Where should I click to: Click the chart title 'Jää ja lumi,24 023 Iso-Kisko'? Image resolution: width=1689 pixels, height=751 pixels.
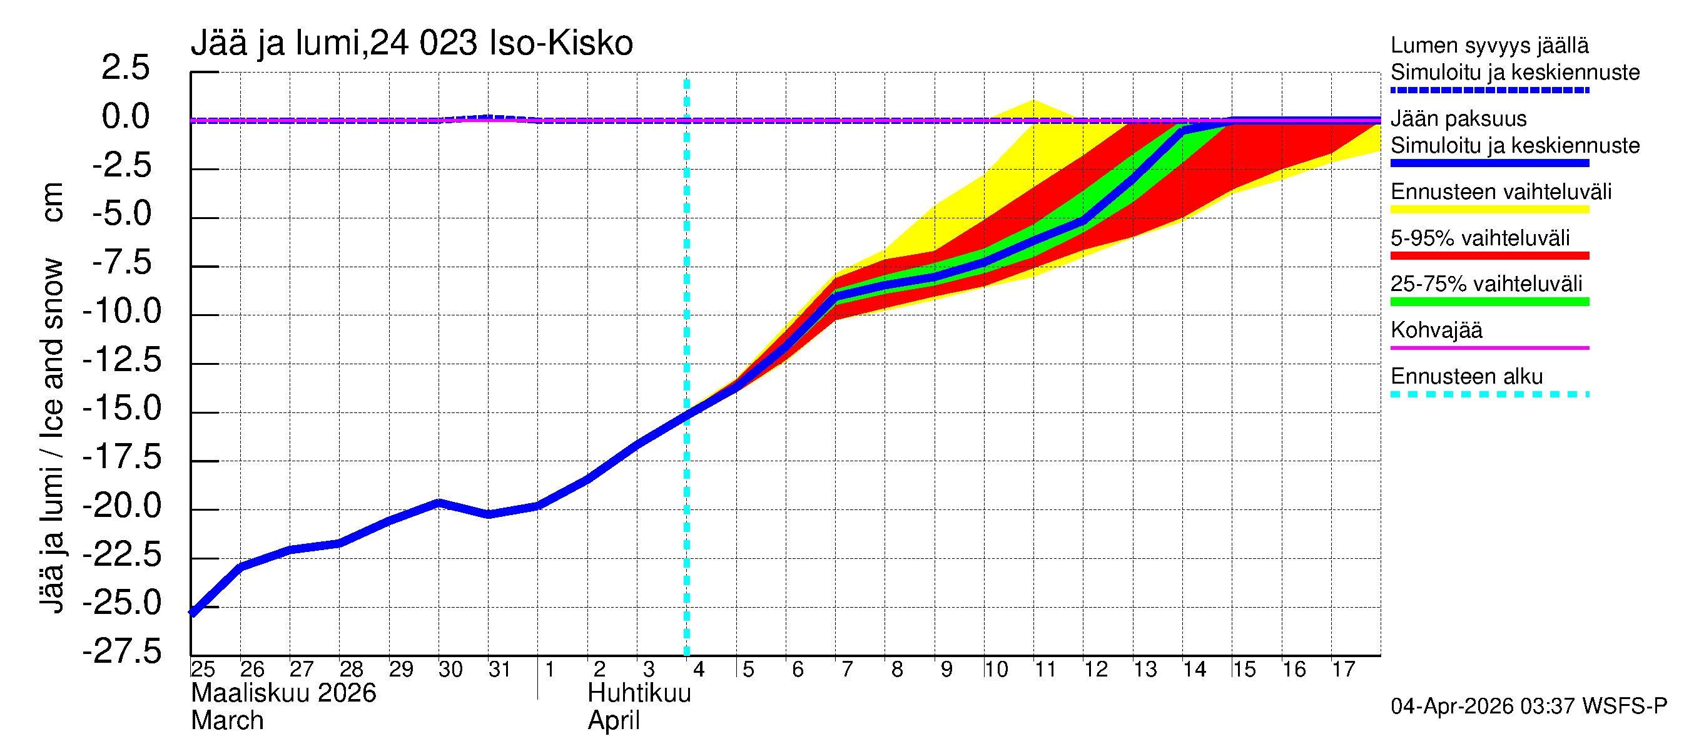click(x=412, y=43)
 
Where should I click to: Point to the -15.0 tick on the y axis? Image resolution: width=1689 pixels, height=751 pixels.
click(x=122, y=409)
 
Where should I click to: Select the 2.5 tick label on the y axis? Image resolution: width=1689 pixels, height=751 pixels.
click(x=125, y=68)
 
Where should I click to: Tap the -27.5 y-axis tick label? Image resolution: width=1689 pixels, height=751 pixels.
click(x=122, y=652)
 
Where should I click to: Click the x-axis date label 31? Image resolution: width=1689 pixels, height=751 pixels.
click(x=500, y=670)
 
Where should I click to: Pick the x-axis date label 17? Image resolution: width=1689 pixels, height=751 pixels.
click(x=1343, y=670)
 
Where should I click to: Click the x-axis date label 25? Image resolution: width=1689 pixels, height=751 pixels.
click(x=203, y=670)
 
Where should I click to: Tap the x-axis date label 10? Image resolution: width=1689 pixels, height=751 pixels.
click(x=995, y=670)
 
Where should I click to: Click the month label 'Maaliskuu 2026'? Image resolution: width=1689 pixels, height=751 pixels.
click(x=283, y=693)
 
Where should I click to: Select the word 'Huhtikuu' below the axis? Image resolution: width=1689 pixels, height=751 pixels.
click(x=639, y=693)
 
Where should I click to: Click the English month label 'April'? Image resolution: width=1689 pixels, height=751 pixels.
click(x=613, y=721)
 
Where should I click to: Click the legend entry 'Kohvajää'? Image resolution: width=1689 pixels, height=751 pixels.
click(x=1436, y=330)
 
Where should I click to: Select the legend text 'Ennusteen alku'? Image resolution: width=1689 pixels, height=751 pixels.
click(x=1467, y=377)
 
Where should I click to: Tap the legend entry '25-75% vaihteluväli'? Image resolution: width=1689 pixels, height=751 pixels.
click(x=1486, y=284)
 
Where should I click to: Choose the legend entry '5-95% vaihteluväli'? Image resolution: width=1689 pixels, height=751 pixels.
click(x=1480, y=238)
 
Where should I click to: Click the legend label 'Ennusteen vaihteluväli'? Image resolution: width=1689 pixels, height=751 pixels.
click(x=1501, y=192)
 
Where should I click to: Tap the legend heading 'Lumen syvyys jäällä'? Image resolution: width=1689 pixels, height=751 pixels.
click(x=1489, y=46)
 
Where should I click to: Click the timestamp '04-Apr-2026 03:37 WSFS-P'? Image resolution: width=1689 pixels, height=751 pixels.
click(x=1528, y=707)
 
